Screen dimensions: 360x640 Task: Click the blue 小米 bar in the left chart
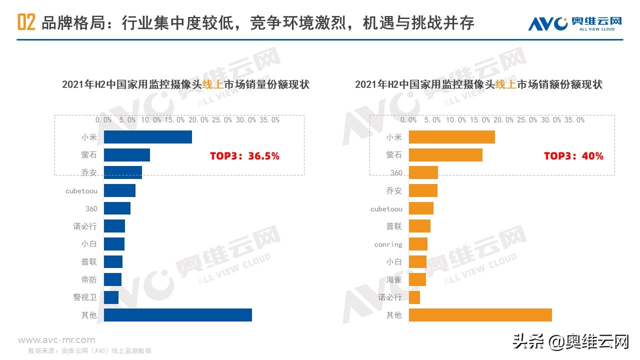click(148, 137)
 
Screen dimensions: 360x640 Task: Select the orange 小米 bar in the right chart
click(452, 137)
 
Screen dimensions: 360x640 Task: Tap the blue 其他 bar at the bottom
click(178, 315)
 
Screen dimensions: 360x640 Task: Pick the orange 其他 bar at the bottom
click(480, 315)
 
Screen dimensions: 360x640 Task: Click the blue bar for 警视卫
click(111, 297)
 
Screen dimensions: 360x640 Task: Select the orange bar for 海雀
click(417, 279)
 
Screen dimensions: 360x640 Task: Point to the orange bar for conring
click(418, 244)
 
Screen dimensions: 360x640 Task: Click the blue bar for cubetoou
click(120, 190)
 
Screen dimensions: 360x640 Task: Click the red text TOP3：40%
click(573, 156)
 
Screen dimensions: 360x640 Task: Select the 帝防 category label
click(89, 279)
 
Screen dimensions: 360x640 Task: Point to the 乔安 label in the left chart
click(89, 173)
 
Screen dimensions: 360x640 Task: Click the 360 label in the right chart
click(396, 173)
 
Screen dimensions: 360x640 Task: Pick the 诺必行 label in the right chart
click(390, 297)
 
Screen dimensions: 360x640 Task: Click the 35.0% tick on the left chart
click(270, 120)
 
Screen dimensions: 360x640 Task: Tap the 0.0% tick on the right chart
click(409, 120)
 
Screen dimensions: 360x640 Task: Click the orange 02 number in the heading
click(26, 23)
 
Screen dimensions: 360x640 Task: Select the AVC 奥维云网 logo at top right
click(575, 23)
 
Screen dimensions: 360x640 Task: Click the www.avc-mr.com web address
click(56, 340)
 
